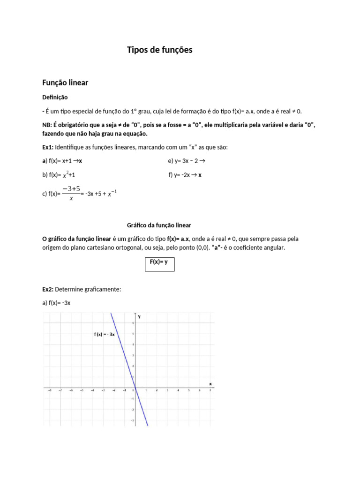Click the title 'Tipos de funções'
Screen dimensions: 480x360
(x=159, y=50)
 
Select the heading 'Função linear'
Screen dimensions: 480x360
(x=65, y=82)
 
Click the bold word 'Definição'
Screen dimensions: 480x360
(x=55, y=97)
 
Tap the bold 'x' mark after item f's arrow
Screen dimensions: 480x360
(x=200, y=175)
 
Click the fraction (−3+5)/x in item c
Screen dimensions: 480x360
(x=71, y=193)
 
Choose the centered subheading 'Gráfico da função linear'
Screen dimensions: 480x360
(x=159, y=225)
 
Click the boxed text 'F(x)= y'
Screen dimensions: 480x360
(x=158, y=262)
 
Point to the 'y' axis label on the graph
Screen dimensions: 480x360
(x=139, y=317)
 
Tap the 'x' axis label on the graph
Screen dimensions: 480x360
(x=210, y=383)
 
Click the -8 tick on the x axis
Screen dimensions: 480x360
(x=49, y=390)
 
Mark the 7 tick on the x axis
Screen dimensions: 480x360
(x=210, y=390)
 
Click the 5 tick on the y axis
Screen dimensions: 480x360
(x=133, y=334)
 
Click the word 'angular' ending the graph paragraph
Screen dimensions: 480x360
(x=272, y=247)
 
